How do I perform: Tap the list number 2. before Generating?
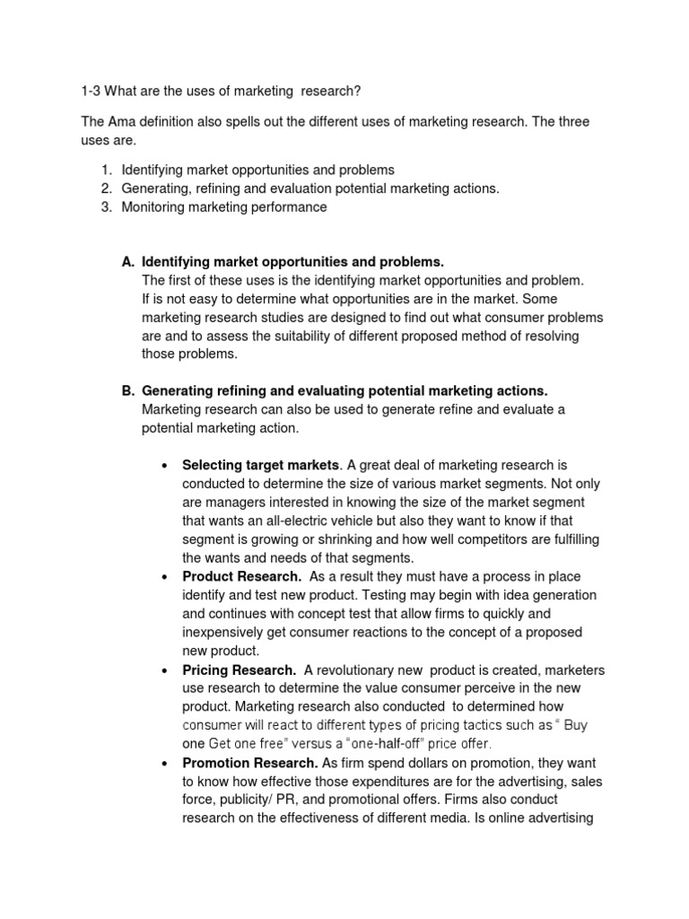(106, 188)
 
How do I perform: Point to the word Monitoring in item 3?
(153, 207)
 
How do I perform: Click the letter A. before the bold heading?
(127, 262)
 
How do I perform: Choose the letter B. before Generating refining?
(127, 391)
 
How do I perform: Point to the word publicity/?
(248, 800)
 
